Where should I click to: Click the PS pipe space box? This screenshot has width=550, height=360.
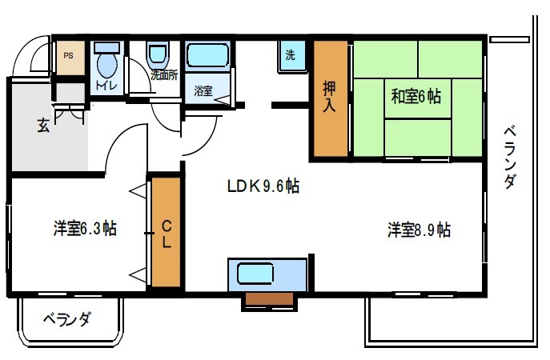click(x=70, y=58)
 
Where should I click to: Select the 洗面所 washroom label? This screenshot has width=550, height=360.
click(x=164, y=75)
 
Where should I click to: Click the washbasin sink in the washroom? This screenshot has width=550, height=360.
click(x=159, y=56)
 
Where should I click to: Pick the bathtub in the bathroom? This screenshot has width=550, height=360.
click(x=207, y=55)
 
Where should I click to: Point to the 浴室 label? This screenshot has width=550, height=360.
click(x=203, y=90)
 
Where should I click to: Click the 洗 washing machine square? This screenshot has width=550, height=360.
click(x=291, y=56)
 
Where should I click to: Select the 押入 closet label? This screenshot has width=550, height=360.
click(x=329, y=96)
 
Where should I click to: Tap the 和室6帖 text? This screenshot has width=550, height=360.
click(x=416, y=96)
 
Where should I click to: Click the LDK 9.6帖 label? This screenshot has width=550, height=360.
click(x=263, y=186)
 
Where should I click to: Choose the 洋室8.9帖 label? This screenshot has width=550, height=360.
click(x=420, y=230)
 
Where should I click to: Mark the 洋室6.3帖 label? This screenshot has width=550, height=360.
click(x=85, y=229)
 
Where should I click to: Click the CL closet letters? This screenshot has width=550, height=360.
click(x=167, y=234)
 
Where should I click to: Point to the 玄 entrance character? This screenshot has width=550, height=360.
click(x=43, y=125)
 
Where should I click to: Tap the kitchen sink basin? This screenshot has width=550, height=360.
click(x=255, y=274)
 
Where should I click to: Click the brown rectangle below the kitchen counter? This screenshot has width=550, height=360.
click(x=269, y=298)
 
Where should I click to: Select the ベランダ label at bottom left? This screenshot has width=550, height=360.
click(x=67, y=319)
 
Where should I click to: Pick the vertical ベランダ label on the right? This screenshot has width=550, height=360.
click(x=510, y=158)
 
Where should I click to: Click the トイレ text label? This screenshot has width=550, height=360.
click(x=106, y=86)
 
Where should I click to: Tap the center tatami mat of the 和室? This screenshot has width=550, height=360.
click(x=417, y=98)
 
